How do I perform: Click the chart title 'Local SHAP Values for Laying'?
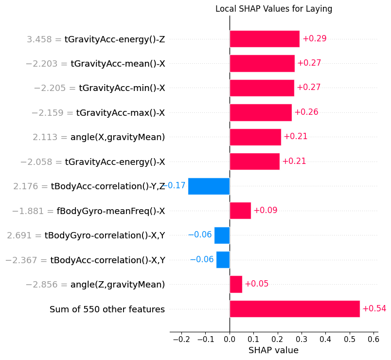(273, 9)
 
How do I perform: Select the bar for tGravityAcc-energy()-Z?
(264, 39)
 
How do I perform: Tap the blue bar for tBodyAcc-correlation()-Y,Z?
(209, 186)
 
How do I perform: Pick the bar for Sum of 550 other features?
(294, 309)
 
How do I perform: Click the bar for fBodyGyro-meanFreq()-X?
(240, 211)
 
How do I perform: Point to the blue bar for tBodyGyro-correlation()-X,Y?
(222, 235)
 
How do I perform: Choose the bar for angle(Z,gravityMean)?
(236, 284)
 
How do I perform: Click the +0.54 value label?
(374, 309)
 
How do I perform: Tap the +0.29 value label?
(314, 39)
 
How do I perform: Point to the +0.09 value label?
(265, 211)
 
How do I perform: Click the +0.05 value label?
(256, 284)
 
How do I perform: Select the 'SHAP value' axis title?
(273, 350)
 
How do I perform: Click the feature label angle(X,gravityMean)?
(118, 137)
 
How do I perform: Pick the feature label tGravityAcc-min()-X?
(122, 88)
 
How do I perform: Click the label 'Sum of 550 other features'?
(107, 309)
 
